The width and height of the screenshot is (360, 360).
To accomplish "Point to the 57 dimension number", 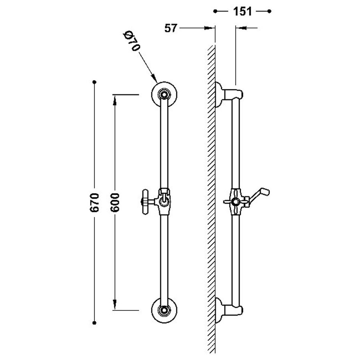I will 171,28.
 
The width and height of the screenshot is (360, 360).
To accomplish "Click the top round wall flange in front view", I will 164,94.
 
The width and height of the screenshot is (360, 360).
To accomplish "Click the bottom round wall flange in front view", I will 164,310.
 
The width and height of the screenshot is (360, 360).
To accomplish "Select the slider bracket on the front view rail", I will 164,199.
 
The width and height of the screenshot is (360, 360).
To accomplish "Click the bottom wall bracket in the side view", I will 228,308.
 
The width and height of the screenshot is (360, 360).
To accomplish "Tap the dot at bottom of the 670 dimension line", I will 94,322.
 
